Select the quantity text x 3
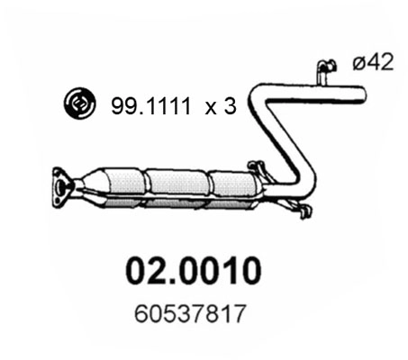[x=218, y=106]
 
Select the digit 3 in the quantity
[x=230, y=106]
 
